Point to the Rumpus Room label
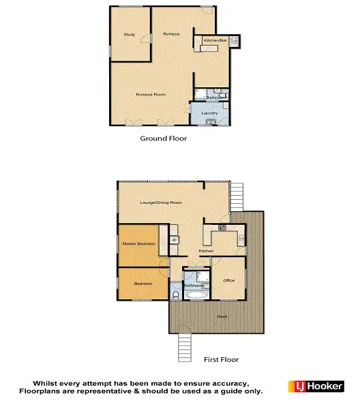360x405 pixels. click(151, 94)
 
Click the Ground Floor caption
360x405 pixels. click(164, 138)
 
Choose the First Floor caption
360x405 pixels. click(222, 359)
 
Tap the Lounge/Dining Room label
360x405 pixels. click(161, 202)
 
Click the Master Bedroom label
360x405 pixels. click(139, 243)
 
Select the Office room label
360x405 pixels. click(228, 280)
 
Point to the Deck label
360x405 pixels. click(223, 316)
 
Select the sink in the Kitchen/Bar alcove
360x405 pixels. click(234, 41)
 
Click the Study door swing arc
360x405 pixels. click(145, 39)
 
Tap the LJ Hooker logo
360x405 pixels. click(318, 385)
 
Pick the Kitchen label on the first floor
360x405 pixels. click(207, 251)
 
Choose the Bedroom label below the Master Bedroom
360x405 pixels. click(142, 283)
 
